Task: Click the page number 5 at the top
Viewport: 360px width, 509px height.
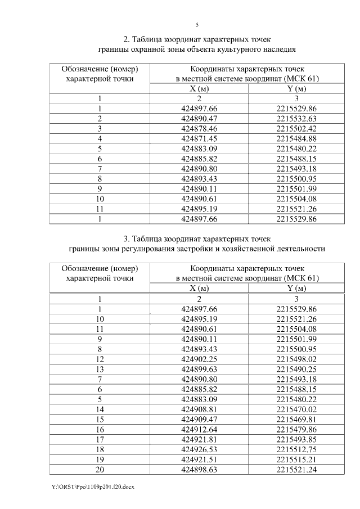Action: [x=197, y=25]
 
